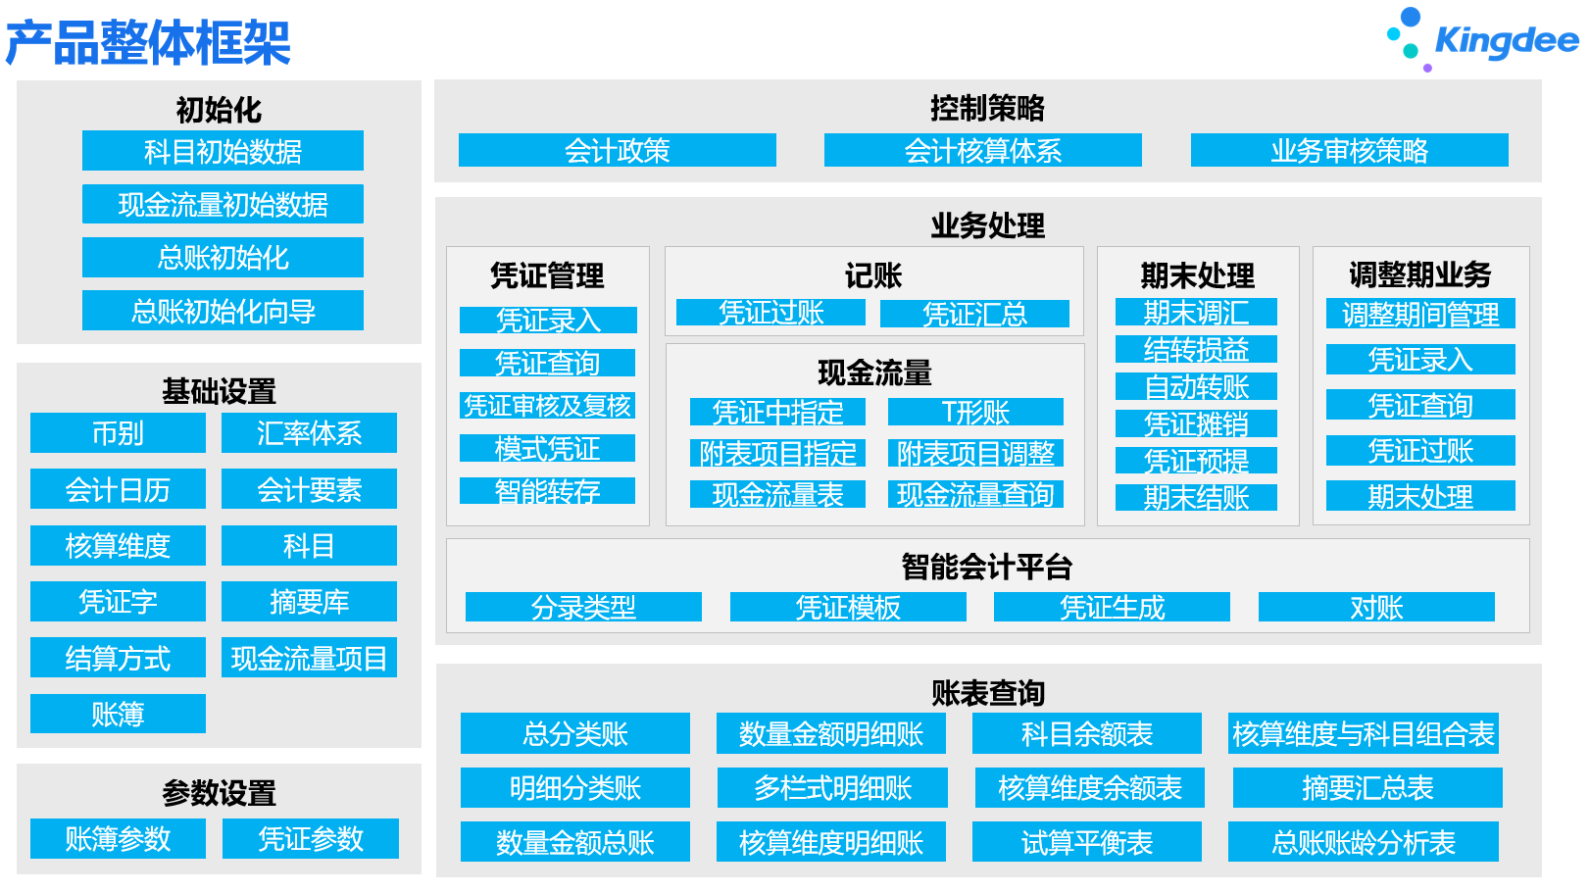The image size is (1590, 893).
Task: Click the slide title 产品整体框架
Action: (148, 42)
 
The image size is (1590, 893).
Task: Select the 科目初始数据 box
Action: (223, 151)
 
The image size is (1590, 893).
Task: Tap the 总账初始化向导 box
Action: (223, 310)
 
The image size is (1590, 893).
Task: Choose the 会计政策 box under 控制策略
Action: (618, 151)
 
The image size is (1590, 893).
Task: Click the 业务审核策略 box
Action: (1350, 151)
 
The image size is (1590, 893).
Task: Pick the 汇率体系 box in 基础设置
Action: (309, 433)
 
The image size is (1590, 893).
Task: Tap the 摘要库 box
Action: (309, 601)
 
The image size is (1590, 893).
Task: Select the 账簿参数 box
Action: (118, 838)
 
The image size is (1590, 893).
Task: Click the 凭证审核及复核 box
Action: (547, 405)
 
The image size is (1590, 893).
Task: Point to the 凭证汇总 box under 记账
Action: (974, 313)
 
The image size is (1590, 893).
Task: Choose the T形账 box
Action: (975, 412)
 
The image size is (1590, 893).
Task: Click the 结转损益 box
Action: (1196, 349)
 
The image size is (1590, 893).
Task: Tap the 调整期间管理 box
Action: (1420, 314)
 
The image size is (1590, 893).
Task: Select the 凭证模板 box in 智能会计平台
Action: (848, 607)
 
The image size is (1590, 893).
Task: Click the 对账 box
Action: (1376, 607)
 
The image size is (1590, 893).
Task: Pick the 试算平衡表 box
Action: (1087, 842)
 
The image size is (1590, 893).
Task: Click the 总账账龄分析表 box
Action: (1364, 842)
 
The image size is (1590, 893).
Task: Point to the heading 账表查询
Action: (988, 693)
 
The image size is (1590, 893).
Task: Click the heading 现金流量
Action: (874, 372)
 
